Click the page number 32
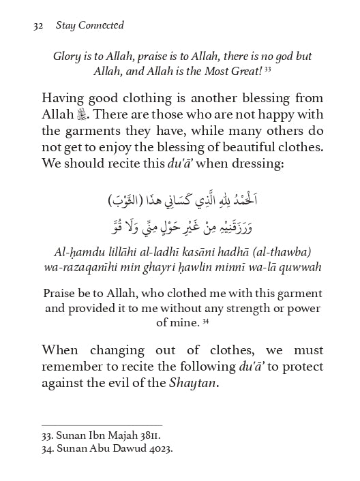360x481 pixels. (38, 27)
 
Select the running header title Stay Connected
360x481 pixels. (91, 27)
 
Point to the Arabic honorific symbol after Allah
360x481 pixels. (85, 114)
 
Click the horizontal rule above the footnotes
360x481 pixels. (102, 426)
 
